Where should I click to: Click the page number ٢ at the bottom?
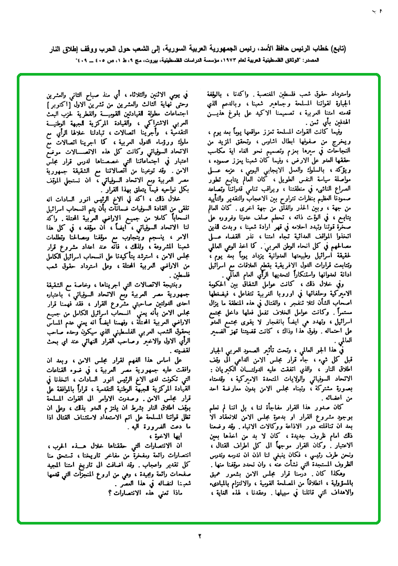[x=200, y=536]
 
